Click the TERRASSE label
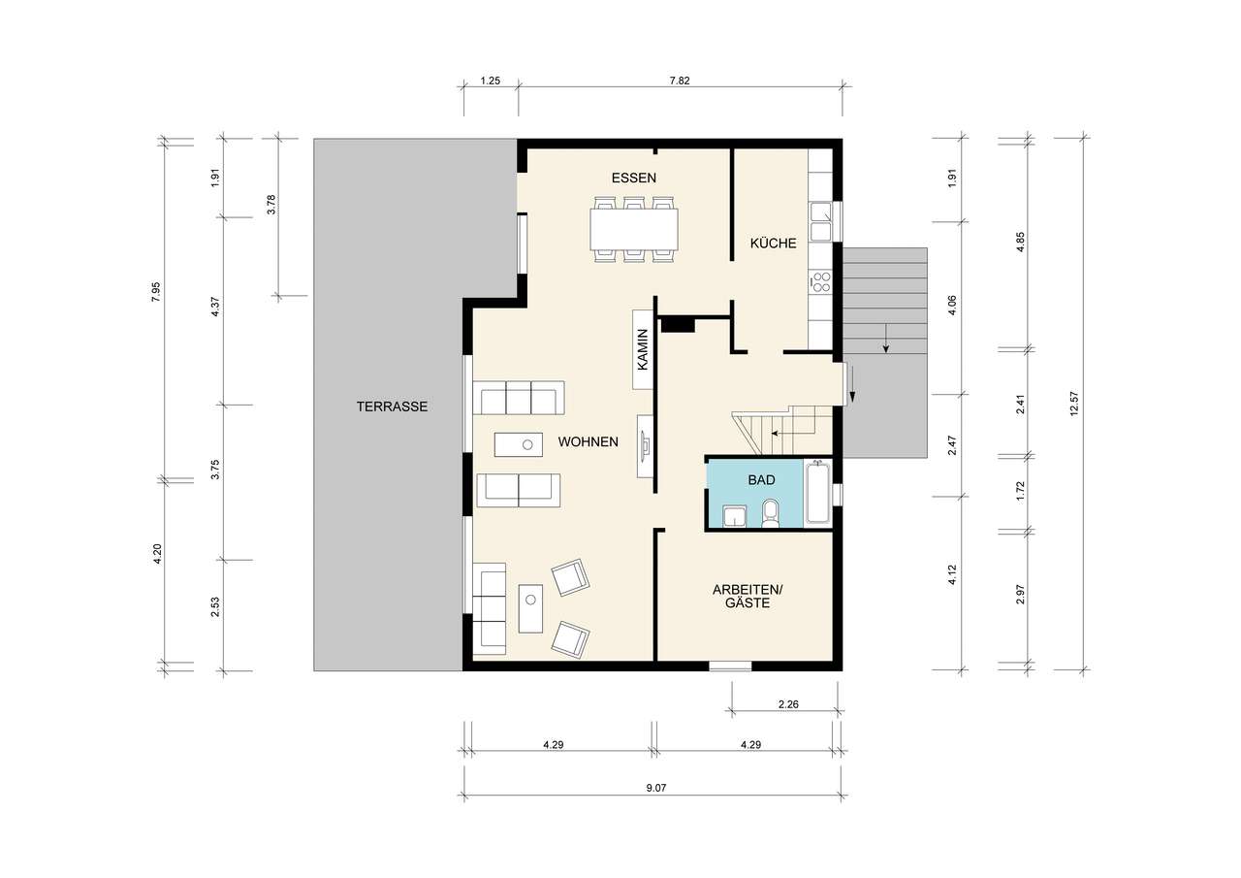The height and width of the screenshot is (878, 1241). [x=393, y=406]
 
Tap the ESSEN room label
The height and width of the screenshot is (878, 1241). [x=634, y=178]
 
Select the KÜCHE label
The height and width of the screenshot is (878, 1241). [x=774, y=243]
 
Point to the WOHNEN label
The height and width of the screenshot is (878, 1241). [x=588, y=441]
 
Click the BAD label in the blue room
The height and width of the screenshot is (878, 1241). [x=762, y=480]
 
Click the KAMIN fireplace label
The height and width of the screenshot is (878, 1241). [x=643, y=350]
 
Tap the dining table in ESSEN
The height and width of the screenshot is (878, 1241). [x=634, y=228]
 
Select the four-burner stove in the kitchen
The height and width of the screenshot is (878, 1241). [x=820, y=281]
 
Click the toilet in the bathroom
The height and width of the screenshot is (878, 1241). [x=770, y=512]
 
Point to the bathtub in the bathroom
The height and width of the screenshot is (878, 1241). [x=818, y=493]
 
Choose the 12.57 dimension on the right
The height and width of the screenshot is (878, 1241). [x=1074, y=404]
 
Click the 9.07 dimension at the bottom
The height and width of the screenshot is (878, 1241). [x=656, y=788]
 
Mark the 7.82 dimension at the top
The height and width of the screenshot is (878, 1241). [x=680, y=81]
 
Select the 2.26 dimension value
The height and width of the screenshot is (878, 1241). [x=788, y=704]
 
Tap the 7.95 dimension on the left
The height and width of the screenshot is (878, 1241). [x=156, y=292]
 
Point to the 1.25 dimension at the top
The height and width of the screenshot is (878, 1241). [x=491, y=81]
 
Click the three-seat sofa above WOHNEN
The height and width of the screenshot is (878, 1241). [x=519, y=398]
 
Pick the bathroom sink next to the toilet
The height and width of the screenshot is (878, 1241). [x=735, y=515]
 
